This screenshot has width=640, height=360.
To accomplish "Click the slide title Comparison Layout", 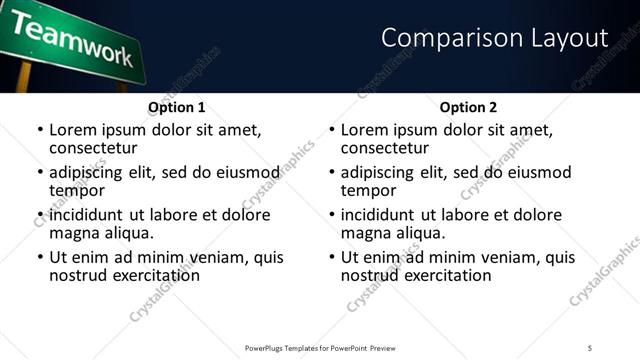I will point(495,38).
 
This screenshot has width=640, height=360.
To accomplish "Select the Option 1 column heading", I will point(176,107).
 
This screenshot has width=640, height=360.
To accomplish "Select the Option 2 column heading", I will point(469,107).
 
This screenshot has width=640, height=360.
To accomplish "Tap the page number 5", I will point(590,348).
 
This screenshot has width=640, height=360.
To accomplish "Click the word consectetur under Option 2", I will point(384,148).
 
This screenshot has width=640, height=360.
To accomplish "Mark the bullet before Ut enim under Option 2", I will point(330,257).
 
